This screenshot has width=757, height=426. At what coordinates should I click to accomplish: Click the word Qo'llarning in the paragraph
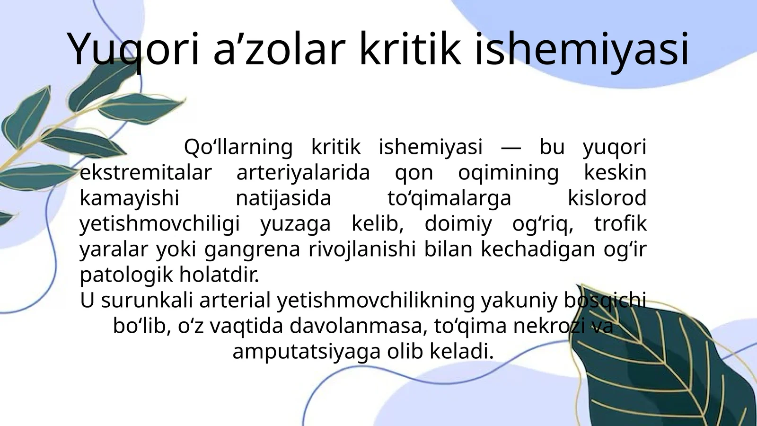(238, 147)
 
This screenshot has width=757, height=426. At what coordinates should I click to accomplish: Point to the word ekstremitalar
(145, 173)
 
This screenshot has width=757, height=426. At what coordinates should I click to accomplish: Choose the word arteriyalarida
(303, 173)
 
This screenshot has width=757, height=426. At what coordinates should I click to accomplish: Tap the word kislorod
(607, 198)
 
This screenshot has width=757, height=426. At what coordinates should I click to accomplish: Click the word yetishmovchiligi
(160, 223)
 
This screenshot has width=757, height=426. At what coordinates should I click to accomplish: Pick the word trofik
(620, 223)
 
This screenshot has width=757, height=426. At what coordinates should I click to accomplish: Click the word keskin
(615, 173)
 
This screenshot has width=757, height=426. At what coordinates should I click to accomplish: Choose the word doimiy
(458, 223)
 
